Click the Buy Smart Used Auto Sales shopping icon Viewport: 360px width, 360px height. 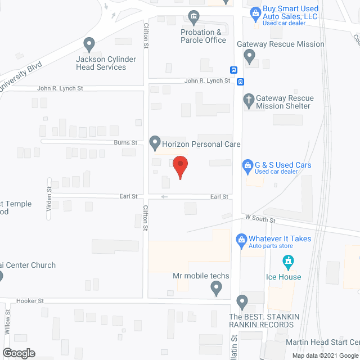[x=255, y=11]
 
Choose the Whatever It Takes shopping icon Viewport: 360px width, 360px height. [x=241, y=239]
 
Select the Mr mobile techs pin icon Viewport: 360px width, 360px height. [x=216, y=289]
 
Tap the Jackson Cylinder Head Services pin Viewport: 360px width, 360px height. [x=88, y=44]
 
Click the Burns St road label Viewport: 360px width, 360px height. [x=126, y=143]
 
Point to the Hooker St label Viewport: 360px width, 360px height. [x=30, y=301]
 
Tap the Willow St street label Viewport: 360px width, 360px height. [x=8, y=322]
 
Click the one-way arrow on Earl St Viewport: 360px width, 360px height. [x=164, y=197]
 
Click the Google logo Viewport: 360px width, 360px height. [x=18, y=353]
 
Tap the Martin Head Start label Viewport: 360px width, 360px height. [x=322, y=342]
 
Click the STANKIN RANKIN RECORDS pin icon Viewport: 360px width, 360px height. [x=242, y=302]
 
